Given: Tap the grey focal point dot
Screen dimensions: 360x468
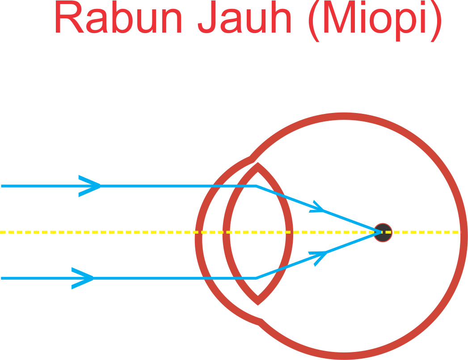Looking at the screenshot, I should [383, 232].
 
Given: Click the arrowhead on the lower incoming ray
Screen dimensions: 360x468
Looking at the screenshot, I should [84, 278].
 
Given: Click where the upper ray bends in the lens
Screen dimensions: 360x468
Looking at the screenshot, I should [256, 186].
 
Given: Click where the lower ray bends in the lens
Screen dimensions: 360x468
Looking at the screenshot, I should [256, 278].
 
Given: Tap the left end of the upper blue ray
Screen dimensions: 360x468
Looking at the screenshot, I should [2, 186].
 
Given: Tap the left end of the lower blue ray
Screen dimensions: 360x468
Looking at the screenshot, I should [2, 278].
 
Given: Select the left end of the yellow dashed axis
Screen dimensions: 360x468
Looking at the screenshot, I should [1, 232].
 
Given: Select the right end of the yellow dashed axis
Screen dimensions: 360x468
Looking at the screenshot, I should [459, 232].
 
